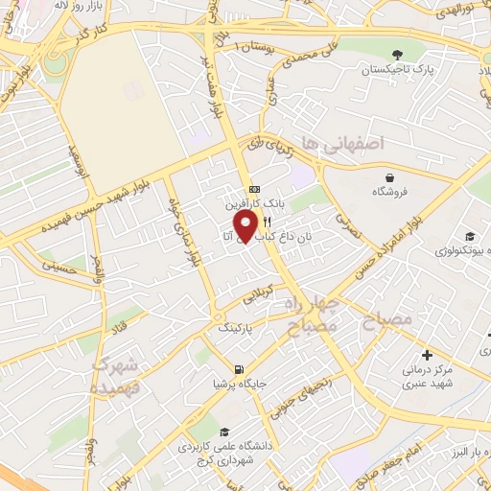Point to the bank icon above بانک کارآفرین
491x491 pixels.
(x=253, y=189)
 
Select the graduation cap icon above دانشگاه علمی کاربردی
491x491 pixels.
(x=224, y=431)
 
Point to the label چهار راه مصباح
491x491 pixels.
(x=309, y=315)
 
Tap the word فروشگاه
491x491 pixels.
(x=391, y=191)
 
